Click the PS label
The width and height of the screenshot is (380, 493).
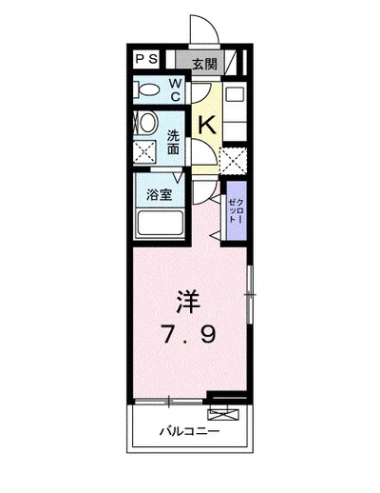(146, 59)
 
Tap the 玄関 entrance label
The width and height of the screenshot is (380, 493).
(205, 65)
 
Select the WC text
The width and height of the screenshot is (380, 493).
(176, 90)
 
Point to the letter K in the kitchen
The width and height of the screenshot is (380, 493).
(207, 125)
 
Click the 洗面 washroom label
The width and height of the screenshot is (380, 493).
(173, 143)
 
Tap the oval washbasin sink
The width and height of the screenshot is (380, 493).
(148, 123)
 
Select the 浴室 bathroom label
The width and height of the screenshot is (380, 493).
(160, 195)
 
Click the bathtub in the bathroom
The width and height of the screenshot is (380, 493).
(161, 224)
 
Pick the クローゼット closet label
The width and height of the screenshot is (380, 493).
(237, 210)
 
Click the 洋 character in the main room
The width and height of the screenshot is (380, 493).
(188, 302)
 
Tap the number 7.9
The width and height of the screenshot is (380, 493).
(189, 335)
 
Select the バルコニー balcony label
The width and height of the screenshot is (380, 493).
(189, 431)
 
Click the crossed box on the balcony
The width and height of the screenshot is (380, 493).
(223, 414)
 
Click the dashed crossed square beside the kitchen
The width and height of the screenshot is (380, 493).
(234, 161)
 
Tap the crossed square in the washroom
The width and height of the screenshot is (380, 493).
(144, 152)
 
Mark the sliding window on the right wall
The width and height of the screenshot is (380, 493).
(250, 295)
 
